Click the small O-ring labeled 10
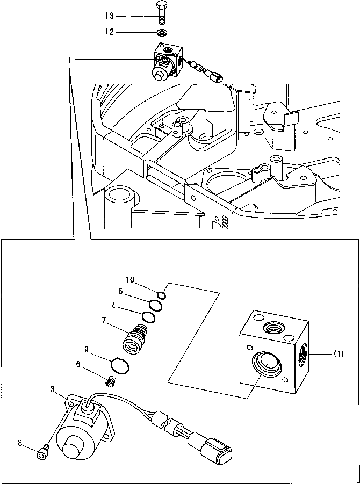click(x=162, y=294)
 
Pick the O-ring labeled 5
click(x=155, y=305)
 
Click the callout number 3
click(x=53, y=388)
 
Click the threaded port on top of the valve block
click(x=272, y=326)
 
